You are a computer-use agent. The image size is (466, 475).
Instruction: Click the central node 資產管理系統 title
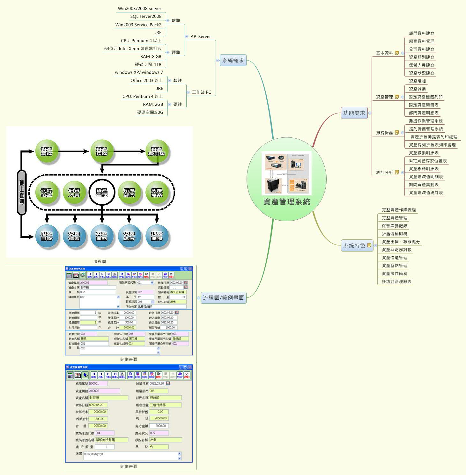[286, 202]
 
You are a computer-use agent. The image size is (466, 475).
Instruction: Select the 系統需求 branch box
[233, 60]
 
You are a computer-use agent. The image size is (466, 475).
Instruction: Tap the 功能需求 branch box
[354, 113]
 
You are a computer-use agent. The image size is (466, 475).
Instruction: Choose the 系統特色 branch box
[354, 245]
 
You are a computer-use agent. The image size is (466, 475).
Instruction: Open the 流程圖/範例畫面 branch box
[223, 297]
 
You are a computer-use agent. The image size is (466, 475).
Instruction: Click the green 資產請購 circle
[47, 151]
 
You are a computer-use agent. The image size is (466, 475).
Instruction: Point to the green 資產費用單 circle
[157, 151]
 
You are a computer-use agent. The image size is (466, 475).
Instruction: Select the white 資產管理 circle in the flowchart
[102, 193]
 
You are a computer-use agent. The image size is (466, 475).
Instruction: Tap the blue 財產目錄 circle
[47, 236]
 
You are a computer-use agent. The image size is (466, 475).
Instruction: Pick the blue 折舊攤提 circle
[157, 236]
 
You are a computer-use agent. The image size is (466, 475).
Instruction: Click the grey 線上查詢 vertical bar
[22, 192]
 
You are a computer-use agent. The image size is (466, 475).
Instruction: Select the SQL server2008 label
[146, 16]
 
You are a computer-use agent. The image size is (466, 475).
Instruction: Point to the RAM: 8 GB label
[151, 56]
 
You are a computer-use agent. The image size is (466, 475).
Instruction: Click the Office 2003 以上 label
[146, 80]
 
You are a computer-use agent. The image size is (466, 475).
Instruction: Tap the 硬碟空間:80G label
[150, 112]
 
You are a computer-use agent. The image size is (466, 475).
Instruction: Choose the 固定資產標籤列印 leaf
[425, 97]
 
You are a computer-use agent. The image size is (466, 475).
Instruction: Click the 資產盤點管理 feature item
[394, 266]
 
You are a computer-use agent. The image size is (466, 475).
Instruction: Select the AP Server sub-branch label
[201, 36]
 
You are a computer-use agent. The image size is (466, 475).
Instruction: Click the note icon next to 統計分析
[397, 172]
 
